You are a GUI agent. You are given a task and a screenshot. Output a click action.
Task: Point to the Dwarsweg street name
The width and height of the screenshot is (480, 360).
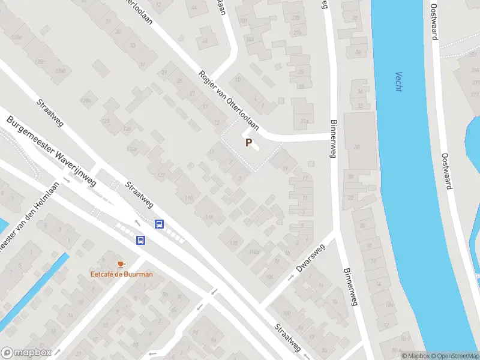(x=310, y=257)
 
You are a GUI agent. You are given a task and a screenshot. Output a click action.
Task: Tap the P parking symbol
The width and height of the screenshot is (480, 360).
(x=248, y=143)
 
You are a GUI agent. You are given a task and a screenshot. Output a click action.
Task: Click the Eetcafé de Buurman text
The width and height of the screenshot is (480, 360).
(x=121, y=274)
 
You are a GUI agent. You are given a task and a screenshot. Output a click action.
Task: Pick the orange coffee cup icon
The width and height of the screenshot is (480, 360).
(x=121, y=264)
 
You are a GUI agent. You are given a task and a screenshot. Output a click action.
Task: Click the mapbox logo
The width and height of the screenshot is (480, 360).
(x=26, y=352)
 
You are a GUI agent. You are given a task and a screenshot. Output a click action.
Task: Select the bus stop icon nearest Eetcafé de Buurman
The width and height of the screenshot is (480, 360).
(x=140, y=241)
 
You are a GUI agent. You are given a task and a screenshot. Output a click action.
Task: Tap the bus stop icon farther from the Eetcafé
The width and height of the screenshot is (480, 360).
(x=160, y=224)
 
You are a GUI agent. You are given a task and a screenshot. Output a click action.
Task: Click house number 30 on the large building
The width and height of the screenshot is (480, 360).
(x=358, y=147)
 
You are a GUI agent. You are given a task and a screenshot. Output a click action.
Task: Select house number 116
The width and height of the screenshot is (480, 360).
(x=190, y=199)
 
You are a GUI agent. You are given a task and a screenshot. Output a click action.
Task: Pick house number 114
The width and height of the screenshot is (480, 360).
(x=209, y=217)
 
